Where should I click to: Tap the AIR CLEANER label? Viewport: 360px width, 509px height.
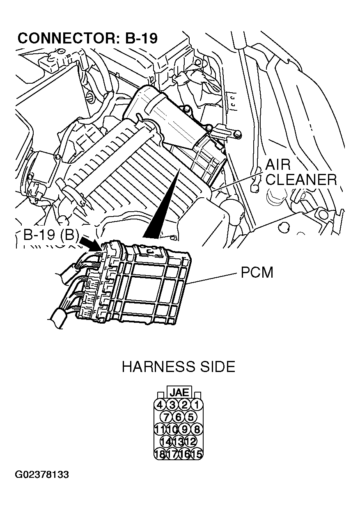click(300, 172)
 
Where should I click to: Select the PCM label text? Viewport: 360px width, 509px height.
click(257, 273)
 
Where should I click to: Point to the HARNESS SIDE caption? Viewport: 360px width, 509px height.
click(179, 366)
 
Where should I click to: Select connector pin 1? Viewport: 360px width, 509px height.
click(197, 405)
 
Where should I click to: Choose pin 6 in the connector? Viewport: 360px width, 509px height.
click(179, 417)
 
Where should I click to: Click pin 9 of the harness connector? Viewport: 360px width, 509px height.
click(185, 429)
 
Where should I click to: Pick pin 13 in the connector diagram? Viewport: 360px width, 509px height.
click(179, 441)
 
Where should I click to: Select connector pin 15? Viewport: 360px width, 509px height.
click(197, 454)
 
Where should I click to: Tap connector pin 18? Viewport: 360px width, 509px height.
click(160, 454)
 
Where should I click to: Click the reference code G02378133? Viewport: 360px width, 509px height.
click(42, 475)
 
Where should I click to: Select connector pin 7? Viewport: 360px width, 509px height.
click(166, 417)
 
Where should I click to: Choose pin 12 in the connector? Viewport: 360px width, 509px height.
click(190, 441)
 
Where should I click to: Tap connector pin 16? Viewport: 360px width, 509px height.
click(185, 454)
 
